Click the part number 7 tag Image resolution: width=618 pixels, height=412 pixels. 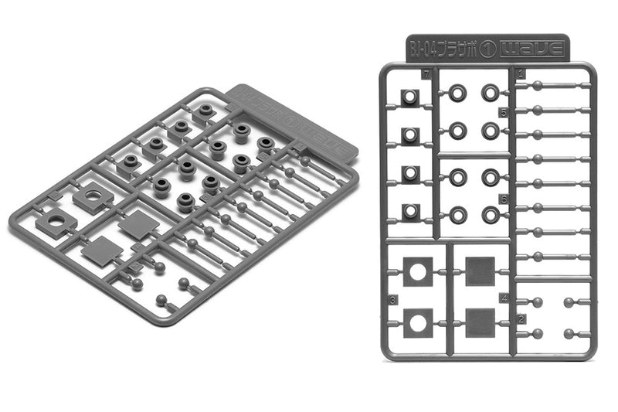tap(426, 76)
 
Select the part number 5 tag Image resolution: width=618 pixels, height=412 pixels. tap(503, 113)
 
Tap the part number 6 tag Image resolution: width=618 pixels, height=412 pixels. tap(503, 199)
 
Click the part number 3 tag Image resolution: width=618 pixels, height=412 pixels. tap(393, 298)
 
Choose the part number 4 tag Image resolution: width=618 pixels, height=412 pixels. tap(503, 298)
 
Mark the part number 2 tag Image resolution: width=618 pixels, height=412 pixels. tap(522, 318)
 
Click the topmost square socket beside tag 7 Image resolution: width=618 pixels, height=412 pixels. tap(409, 97)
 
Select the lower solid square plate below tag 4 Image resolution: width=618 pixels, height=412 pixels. tap(480, 319)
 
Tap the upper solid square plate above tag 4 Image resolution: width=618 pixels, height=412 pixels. tap(480, 271)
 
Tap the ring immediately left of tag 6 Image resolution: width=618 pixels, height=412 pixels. tap(489, 213)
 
